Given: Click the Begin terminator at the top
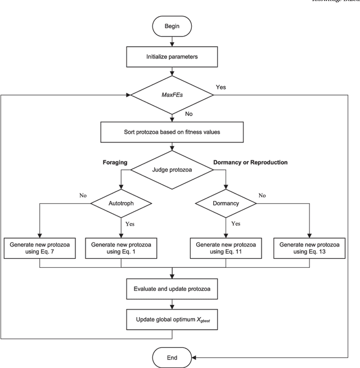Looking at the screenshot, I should point(172,26).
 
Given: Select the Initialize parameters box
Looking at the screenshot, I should point(172,56).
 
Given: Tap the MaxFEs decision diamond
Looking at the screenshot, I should point(172,95).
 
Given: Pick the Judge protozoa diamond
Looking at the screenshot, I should point(172,168).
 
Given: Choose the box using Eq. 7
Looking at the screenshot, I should point(39,248).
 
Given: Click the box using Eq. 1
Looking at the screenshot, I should point(120,248).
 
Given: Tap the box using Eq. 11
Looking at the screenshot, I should point(224,248).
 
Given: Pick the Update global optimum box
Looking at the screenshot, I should point(172,320).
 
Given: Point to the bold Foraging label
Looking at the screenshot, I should point(114,162).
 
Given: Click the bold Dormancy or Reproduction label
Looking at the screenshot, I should point(250,162).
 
